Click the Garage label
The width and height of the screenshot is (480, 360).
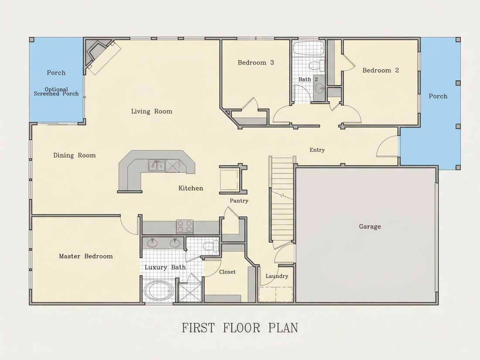370,226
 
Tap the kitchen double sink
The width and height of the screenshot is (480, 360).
157,166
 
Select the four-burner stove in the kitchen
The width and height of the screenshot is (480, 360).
185,227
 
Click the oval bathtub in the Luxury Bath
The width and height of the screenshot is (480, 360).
159,291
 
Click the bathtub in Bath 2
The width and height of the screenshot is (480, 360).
309,48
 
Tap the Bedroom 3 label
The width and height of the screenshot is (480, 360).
256,63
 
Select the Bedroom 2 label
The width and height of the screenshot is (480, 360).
381,70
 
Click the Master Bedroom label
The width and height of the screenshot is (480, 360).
86,256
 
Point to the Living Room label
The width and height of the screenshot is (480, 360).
151,111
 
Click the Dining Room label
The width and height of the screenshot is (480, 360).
74,155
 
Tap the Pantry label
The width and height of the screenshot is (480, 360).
239,201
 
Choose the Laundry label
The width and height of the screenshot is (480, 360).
277,276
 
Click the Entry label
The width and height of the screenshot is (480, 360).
317,150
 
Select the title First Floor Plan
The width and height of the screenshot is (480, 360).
240,328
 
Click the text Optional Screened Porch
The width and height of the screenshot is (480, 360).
56,92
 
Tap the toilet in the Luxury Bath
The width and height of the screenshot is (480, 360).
211,246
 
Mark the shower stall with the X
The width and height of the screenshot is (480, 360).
190,293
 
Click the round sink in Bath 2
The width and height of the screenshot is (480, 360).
320,89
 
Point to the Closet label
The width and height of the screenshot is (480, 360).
227,272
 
